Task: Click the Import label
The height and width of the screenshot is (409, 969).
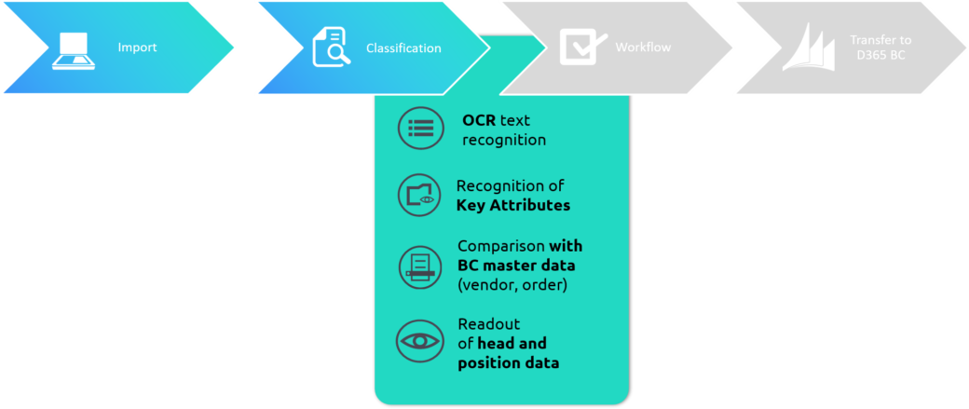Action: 137,47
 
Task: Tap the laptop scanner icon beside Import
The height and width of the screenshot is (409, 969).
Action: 74,50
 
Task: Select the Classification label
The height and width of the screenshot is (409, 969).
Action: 403,48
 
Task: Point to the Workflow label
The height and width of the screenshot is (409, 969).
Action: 643,47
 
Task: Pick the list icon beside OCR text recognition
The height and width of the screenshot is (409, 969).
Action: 421,128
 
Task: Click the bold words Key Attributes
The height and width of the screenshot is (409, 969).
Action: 513,205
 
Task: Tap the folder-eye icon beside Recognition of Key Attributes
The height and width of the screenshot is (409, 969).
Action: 419,196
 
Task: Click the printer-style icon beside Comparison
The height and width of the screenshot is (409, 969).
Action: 420,266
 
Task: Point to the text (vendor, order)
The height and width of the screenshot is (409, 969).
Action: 504,286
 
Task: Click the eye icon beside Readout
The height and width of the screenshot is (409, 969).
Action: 419,340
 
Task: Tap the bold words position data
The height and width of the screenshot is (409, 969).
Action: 509,363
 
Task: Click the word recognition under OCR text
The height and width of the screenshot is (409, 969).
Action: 504,141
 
